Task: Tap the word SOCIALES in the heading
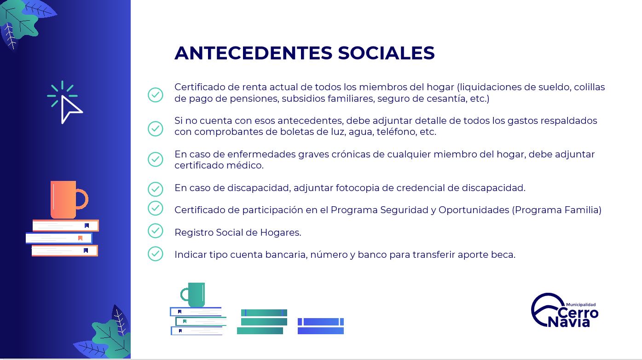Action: tap(386, 53)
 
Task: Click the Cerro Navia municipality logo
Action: tap(564, 310)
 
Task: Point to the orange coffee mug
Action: tap(69, 199)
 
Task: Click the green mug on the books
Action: tap(193, 295)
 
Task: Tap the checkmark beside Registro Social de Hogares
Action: tap(156, 231)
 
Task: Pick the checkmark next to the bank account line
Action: tap(156, 254)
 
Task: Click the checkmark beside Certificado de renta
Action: tap(156, 95)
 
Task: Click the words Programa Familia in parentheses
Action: tap(556, 210)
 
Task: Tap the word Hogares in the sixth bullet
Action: tap(281, 232)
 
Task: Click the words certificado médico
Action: tap(219, 165)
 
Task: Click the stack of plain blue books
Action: tap(321, 326)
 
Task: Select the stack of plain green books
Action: tap(262, 322)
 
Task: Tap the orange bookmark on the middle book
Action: tap(80, 238)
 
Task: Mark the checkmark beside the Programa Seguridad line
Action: tap(156, 208)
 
